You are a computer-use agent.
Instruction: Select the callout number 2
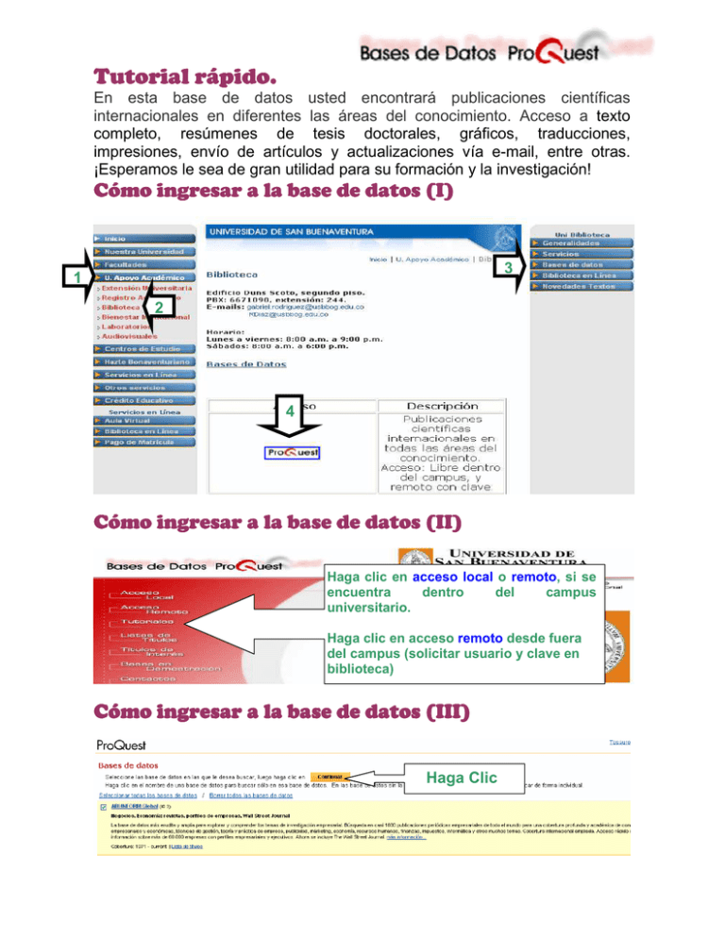point(160,309)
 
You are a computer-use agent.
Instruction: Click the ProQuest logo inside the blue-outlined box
point(293,452)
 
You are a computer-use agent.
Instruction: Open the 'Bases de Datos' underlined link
point(246,362)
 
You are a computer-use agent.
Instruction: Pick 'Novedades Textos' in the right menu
point(578,286)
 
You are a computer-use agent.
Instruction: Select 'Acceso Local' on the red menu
point(146,595)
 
